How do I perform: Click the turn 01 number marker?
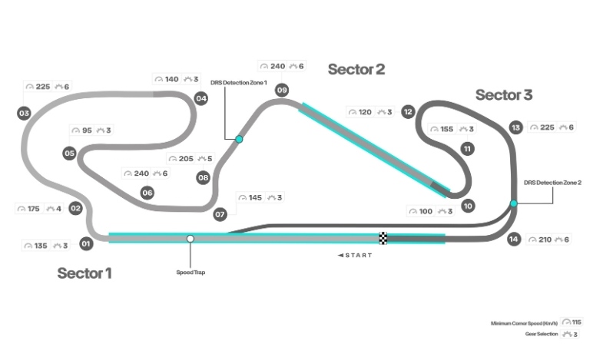pos(86,243)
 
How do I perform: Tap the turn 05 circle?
pos(69,154)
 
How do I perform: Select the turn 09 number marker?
pos(282,91)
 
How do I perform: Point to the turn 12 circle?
pos(408,112)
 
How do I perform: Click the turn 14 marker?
pos(514,239)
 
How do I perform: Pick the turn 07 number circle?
pos(220,215)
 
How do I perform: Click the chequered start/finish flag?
pos(383,239)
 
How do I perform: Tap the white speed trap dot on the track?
pos(190,239)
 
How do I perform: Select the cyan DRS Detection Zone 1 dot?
pos(239,140)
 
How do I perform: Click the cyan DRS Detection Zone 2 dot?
pos(514,203)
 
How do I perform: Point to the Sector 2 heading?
pos(356,70)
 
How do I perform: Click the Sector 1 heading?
pos(84,273)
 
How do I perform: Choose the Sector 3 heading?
pos(504,95)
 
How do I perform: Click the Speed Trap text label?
pos(190,272)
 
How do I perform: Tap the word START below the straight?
pos(359,256)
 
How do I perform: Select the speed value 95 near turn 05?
pos(87,130)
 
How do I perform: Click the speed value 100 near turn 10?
pos(426,212)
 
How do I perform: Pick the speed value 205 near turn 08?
pos(186,159)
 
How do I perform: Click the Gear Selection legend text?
pos(542,334)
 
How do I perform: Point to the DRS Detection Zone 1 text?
pos(239,83)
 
